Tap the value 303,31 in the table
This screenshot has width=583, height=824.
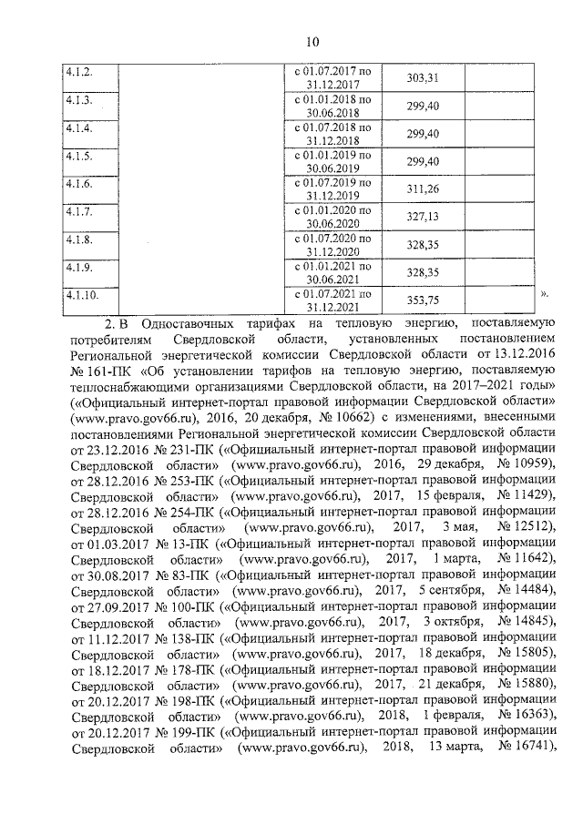pos(423,78)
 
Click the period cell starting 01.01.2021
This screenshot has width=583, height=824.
pos(332,273)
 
